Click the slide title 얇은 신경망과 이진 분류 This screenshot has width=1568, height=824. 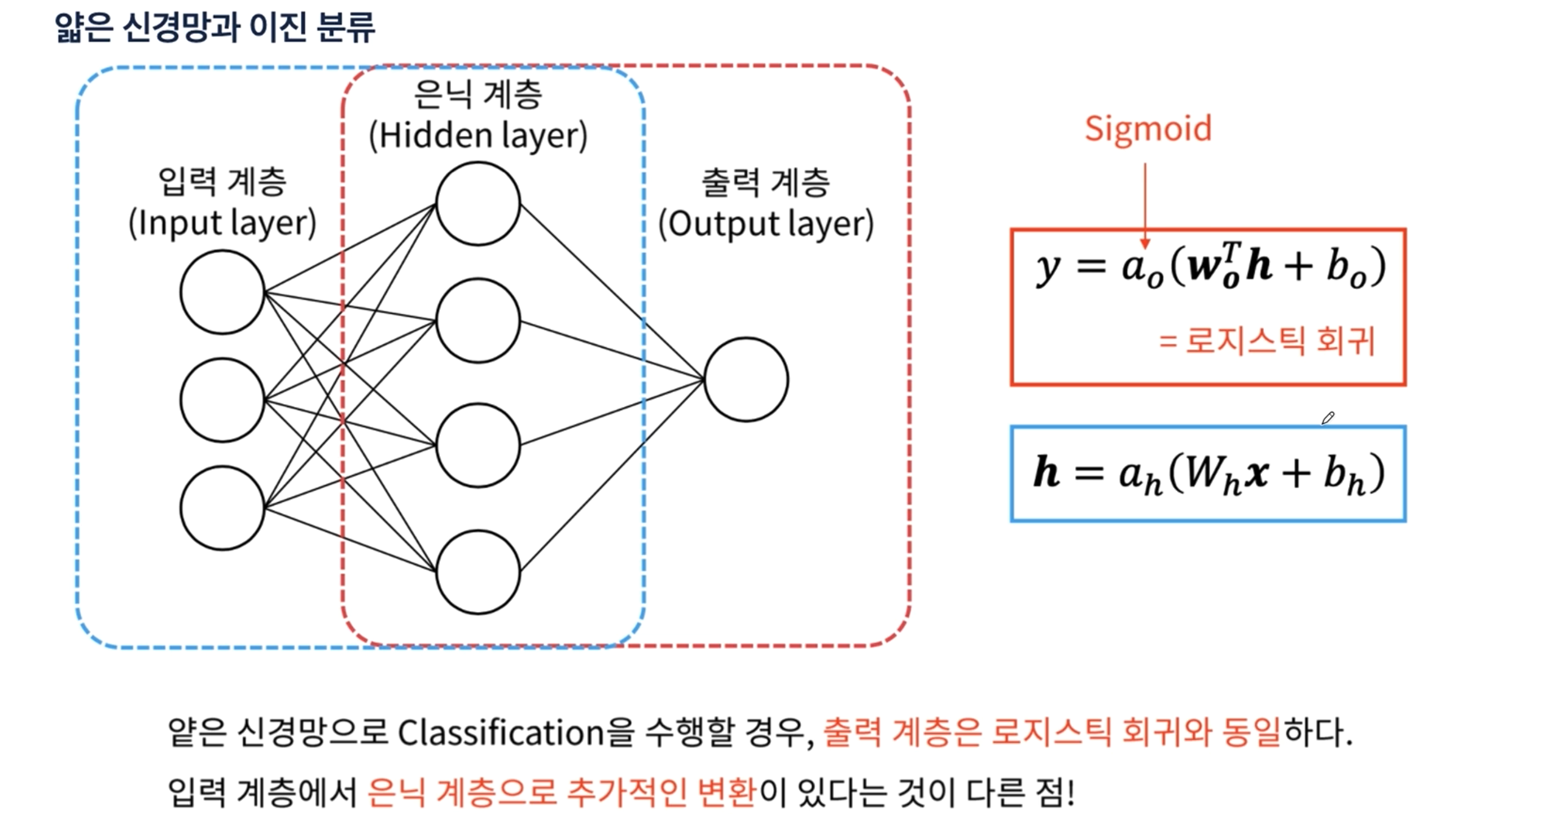point(214,28)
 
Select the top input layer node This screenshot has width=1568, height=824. point(222,292)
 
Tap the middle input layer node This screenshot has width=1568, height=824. point(222,400)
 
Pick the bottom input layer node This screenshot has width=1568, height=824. point(222,508)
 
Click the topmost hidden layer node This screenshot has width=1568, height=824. point(479,203)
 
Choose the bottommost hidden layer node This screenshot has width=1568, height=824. point(479,572)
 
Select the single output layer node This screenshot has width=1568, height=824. point(746,380)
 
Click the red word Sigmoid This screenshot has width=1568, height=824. point(1148,129)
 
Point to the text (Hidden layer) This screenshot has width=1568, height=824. point(479,135)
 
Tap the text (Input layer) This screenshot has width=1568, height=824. point(222,223)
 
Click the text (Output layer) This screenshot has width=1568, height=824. point(766,224)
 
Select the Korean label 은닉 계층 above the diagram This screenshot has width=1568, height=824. point(479,95)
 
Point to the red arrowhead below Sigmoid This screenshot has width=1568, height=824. point(1145,244)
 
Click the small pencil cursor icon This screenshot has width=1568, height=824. point(1328,418)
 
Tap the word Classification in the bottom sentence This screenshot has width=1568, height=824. point(500,733)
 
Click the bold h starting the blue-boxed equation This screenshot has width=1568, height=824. point(1046,472)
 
